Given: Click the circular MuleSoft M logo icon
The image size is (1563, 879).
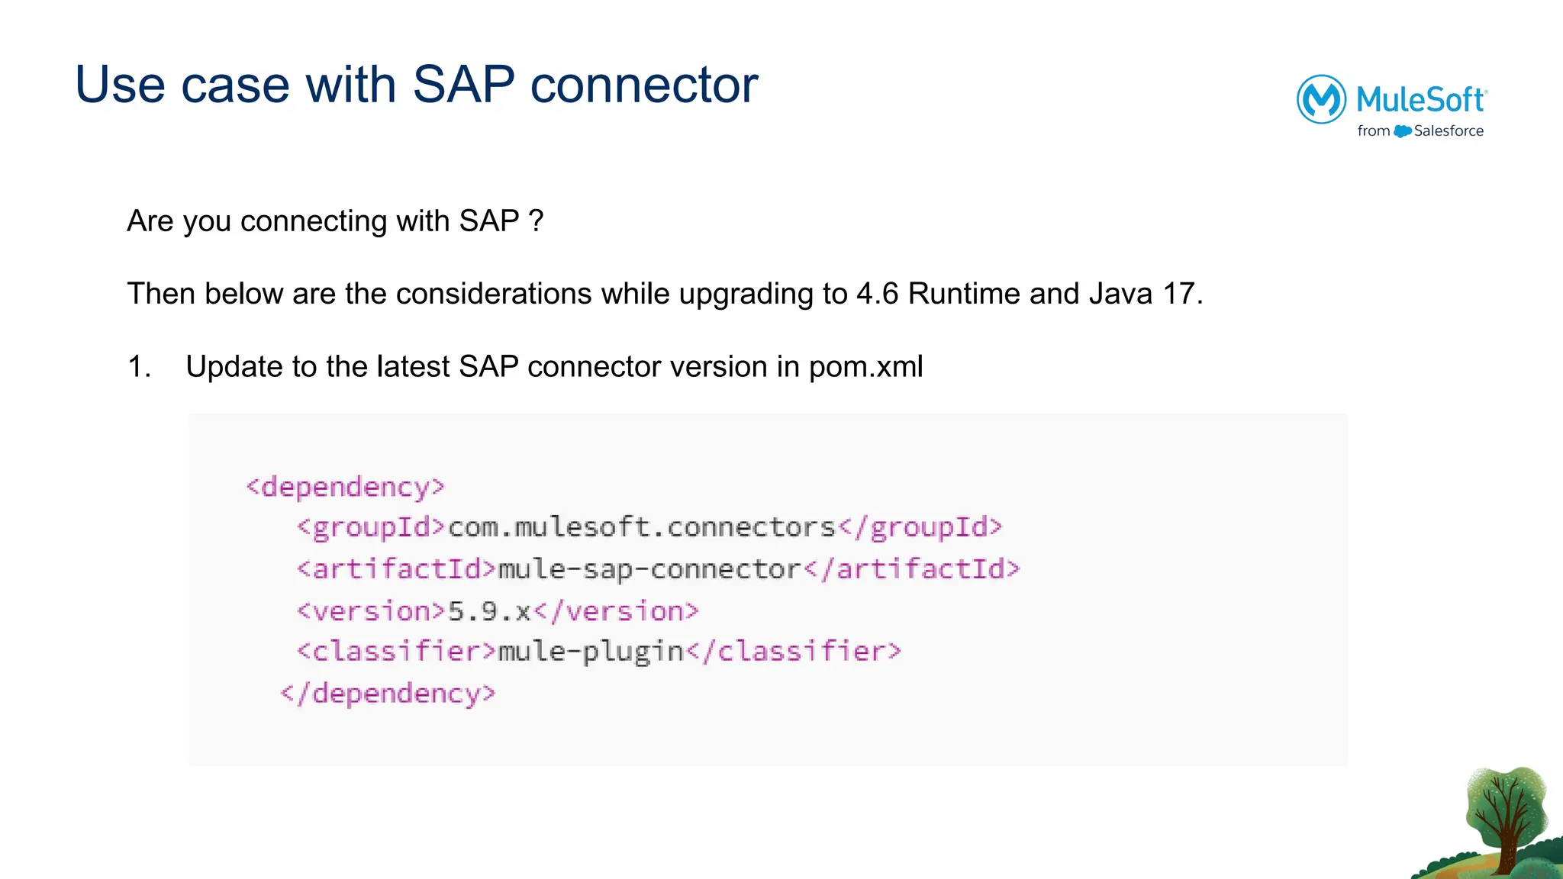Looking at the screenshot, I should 1321,99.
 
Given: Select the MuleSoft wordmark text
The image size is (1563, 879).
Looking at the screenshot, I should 1421,100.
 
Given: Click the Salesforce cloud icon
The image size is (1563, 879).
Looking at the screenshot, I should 1402,131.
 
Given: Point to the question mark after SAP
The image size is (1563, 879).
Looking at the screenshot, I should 536,221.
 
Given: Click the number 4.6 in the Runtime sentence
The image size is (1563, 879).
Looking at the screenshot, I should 877,294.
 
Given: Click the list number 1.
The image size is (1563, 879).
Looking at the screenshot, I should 138,367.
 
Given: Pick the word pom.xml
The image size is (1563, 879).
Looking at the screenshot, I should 865,367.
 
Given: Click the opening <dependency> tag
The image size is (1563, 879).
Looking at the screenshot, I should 345,487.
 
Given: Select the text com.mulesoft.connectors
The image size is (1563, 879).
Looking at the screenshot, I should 642,527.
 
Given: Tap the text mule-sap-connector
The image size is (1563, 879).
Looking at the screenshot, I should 649,569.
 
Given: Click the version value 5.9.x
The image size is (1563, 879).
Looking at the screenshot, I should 489,611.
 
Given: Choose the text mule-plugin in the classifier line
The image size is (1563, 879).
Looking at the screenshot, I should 591,652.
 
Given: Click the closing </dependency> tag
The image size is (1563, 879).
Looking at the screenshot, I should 388,694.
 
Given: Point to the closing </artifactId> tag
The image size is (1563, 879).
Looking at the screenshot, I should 912,569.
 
